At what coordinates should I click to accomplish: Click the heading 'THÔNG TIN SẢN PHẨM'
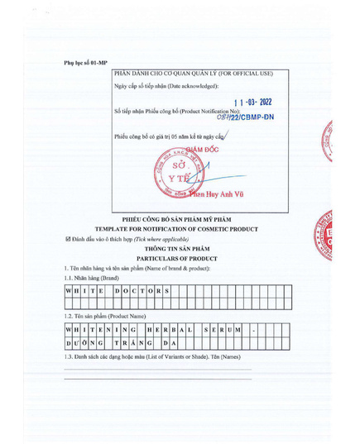(181, 248)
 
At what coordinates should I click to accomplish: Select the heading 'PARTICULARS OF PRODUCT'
(181, 258)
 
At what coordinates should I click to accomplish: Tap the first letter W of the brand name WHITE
(70, 291)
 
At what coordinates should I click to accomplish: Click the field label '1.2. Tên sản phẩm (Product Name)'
(105, 317)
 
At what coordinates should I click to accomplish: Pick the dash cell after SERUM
(253, 330)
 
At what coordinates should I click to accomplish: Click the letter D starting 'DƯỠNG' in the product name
(70, 342)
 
